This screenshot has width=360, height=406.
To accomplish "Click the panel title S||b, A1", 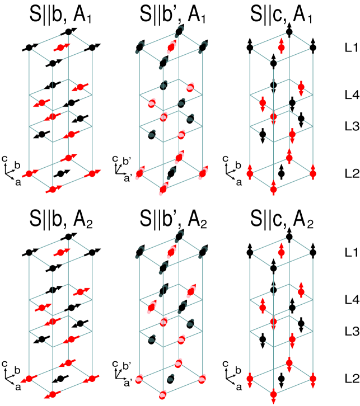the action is tap(60, 15).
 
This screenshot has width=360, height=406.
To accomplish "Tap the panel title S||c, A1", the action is tap(281, 15).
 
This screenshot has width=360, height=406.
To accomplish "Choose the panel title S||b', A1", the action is tap(172, 15).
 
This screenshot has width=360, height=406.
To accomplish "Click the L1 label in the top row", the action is tap(352, 48).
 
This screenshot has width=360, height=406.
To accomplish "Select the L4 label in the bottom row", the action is tap(352, 300).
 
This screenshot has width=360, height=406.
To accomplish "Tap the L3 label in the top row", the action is tap(352, 126).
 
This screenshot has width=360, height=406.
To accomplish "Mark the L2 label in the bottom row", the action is tap(352, 379).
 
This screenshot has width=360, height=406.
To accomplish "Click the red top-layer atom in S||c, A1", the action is tap(282, 48).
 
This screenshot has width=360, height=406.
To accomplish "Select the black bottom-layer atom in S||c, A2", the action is tap(282, 379).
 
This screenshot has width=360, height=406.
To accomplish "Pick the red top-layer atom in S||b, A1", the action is tap(60, 48).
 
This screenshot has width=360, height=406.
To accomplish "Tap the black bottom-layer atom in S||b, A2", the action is tap(60, 379).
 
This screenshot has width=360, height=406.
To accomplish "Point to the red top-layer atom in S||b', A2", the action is tap(171, 252).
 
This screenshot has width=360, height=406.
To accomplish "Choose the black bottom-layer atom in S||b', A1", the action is tap(171, 173).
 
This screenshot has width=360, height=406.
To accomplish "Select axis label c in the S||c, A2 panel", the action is tap(226, 364).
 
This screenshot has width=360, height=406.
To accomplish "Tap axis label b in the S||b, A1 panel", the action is tap(17, 165).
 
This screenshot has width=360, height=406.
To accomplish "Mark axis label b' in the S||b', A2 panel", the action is tap(127, 366).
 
